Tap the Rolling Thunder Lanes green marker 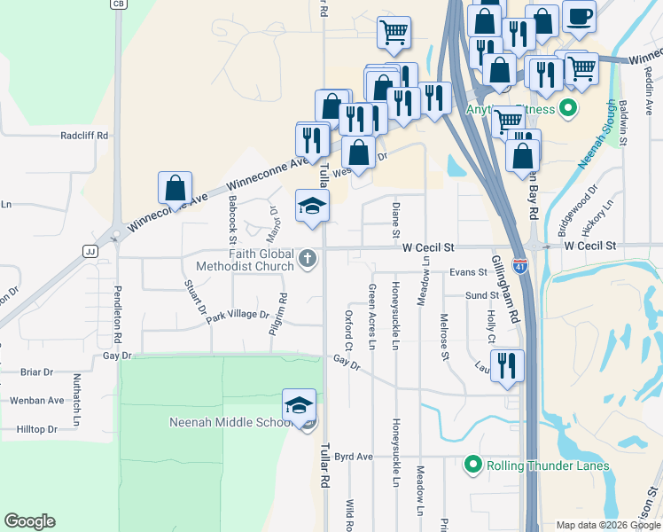[x=472, y=465]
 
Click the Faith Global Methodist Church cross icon [x=308, y=258]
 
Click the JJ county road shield [x=89, y=251]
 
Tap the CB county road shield [x=117, y=4]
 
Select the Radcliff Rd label [x=84, y=136]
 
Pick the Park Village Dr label [x=238, y=315]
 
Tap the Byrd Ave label [x=354, y=457]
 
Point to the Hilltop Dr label [x=36, y=429]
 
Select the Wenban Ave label [x=37, y=401]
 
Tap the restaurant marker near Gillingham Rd [x=507, y=365]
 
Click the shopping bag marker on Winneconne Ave [x=175, y=188]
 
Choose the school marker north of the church [x=311, y=206]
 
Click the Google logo [x=29, y=521]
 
